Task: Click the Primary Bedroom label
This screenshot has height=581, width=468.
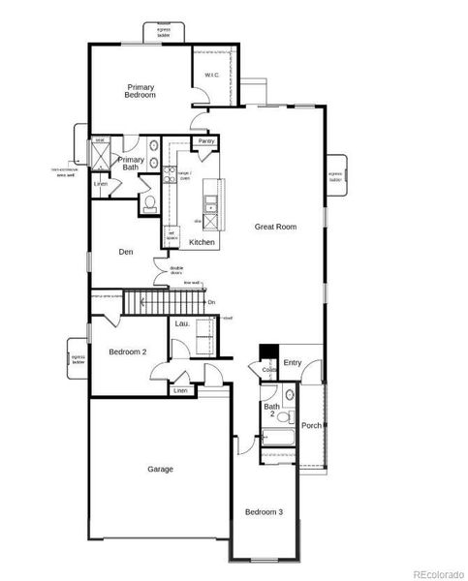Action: click(x=140, y=91)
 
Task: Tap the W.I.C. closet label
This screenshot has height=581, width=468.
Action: click(x=212, y=76)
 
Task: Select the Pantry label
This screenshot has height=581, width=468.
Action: click(x=205, y=141)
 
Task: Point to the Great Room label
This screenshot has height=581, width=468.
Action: click(x=275, y=227)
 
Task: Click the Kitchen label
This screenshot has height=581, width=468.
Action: click(x=202, y=242)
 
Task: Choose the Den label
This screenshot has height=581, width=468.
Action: click(x=125, y=252)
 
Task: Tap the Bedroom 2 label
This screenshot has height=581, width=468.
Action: click(x=127, y=352)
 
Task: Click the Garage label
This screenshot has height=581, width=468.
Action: click(x=160, y=469)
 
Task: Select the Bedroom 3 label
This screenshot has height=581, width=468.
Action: click(x=264, y=511)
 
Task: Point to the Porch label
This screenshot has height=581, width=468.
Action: click(x=311, y=425)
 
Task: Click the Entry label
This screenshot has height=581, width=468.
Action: click(x=293, y=363)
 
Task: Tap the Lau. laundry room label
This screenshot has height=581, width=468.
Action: click(x=181, y=324)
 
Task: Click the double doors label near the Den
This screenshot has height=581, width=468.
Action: click(x=177, y=269)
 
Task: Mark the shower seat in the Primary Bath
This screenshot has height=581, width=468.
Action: click(x=100, y=141)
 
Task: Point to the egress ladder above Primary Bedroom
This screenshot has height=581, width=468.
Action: click(x=164, y=32)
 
